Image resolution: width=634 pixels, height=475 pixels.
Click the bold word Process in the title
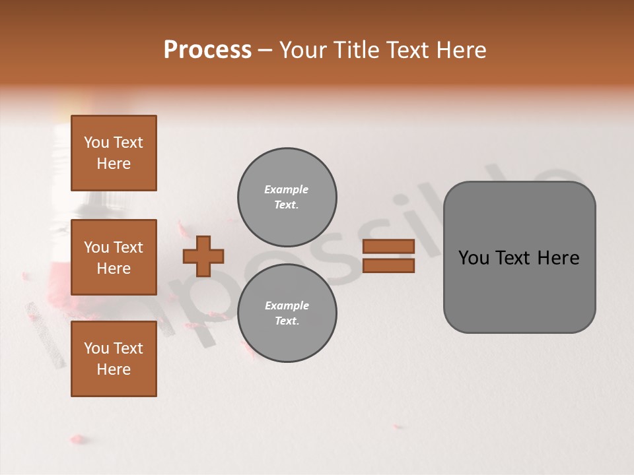(207, 50)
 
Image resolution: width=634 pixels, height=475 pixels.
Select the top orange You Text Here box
(114, 153)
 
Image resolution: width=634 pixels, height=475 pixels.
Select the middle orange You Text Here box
(114, 257)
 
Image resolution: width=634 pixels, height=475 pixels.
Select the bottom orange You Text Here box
(114, 359)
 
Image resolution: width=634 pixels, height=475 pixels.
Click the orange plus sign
(203, 256)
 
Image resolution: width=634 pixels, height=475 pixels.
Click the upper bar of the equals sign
(388, 246)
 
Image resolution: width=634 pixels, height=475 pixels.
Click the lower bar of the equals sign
(388, 265)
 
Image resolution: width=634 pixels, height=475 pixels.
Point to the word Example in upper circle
(287, 189)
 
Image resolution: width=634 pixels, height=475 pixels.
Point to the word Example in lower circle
(287, 305)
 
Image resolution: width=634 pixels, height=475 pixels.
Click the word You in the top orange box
(96, 142)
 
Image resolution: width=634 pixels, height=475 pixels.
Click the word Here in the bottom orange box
(114, 369)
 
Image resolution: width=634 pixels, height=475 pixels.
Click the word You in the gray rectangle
(473, 258)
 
